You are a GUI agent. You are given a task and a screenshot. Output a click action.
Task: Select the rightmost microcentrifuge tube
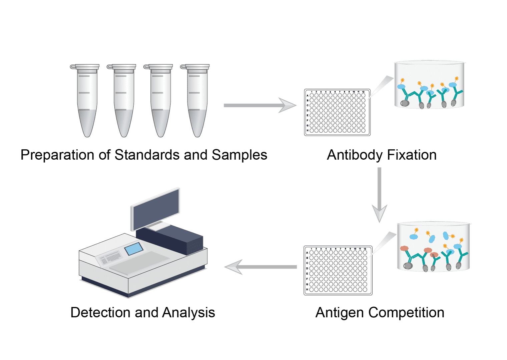pos(197,100)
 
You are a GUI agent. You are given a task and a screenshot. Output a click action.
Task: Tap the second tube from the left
pos(123,100)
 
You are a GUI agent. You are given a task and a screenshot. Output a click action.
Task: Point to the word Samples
pos(239,155)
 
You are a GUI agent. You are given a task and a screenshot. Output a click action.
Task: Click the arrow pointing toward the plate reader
pos(260,267)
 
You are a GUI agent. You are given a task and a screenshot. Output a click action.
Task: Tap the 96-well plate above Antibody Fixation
pos(337,112)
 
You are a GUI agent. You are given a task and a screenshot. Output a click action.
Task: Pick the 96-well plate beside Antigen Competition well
pos(338,270)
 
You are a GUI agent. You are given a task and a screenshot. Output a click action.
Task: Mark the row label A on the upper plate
pos(308,95)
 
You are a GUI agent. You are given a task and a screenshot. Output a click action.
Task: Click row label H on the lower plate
pos(307,290)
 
